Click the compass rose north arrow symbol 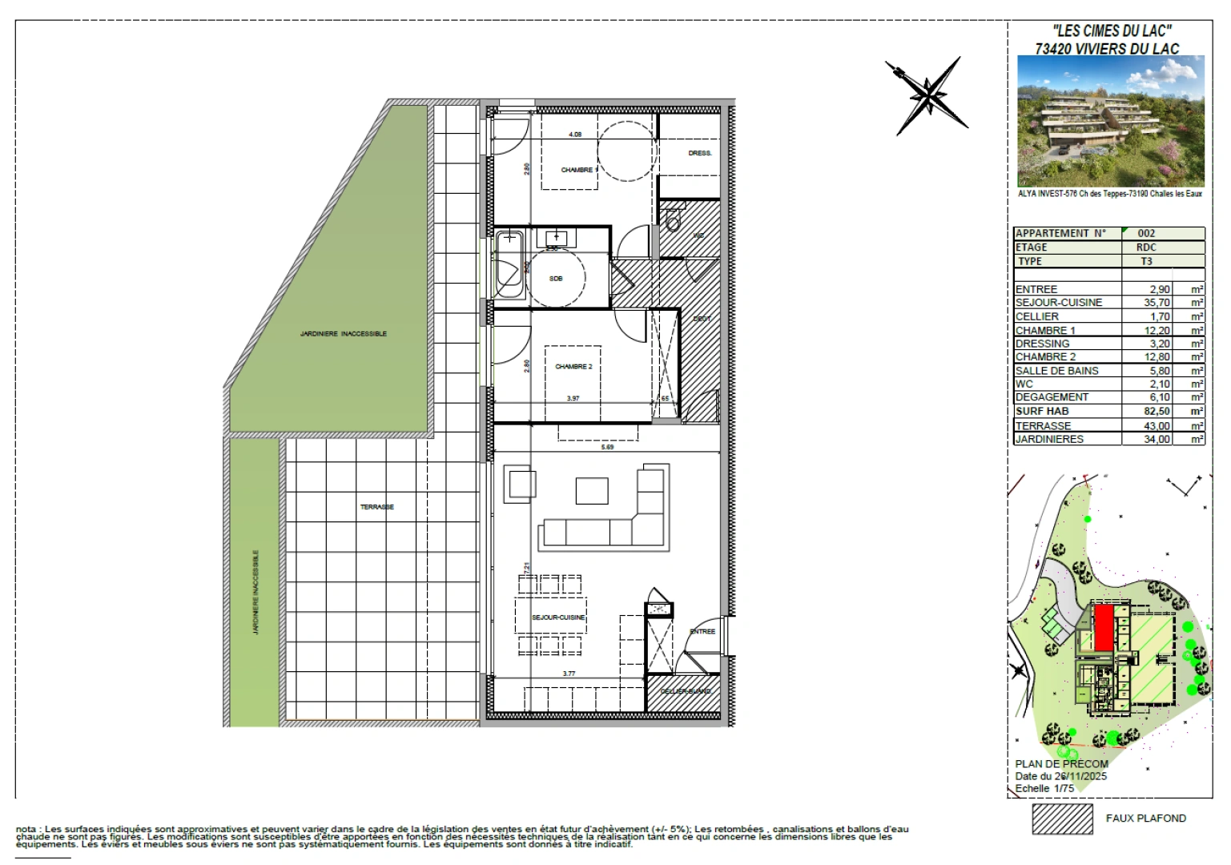[927, 95]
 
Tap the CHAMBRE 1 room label [577, 170]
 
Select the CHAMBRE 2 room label [573, 367]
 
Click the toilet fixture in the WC [671, 216]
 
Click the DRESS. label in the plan [699, 153]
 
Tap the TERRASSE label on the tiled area [376, 507]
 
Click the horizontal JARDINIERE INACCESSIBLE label [343, 333]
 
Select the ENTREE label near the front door [702, 632]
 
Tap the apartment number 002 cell [1146, 234]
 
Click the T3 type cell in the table [1146, 261]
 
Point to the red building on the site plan [1103, 627]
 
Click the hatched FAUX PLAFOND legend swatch [1062, 819]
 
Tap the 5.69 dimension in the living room [607, 448]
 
